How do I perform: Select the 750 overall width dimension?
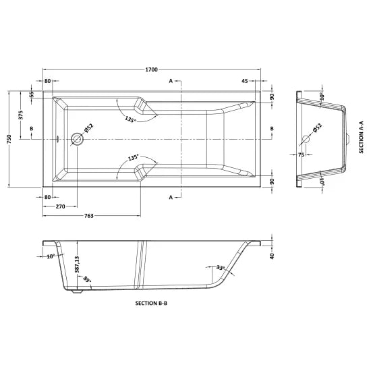click(9, 138)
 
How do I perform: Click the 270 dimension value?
click(60, 206)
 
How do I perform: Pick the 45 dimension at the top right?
click(246, 81)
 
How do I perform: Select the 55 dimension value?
click(31, 93)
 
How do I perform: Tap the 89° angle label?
click(87, 279)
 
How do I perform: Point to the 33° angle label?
click(219, 268)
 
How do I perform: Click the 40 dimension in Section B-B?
click(272, 256)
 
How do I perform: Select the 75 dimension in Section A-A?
click(299, 154)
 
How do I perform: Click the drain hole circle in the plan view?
click(76, 140)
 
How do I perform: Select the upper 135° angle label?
click(132, 119)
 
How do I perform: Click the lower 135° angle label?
click(133, 157)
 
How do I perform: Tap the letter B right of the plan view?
click(272, 128)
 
